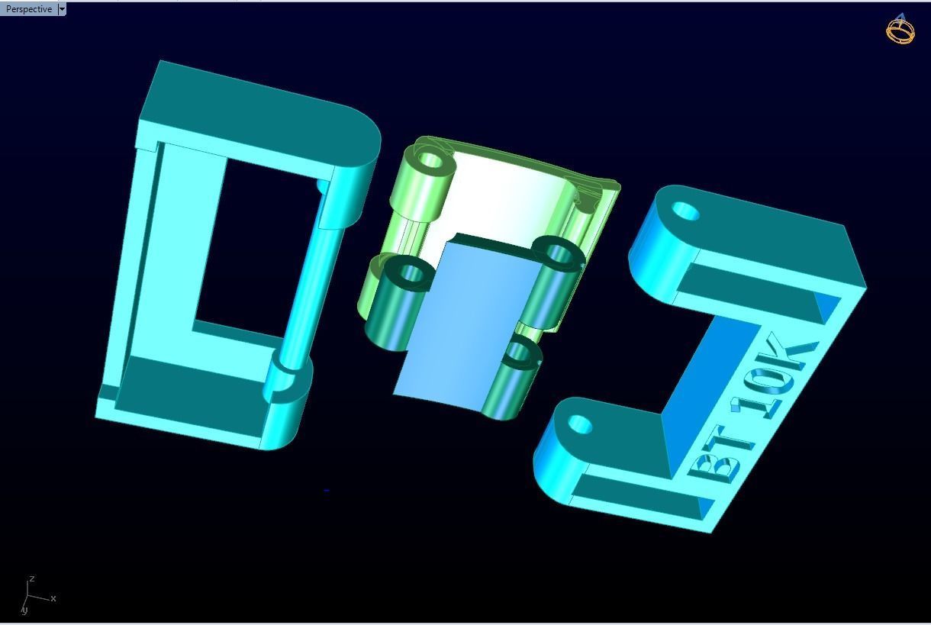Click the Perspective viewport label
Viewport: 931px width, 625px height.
(x=29, y=9)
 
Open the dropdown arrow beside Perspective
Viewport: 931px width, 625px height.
(x=62, y=9)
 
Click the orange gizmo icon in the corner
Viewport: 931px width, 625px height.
(x=900, y=29)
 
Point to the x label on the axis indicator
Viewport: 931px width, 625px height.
(x=53, y=598)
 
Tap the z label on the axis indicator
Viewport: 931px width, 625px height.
(x=31, y=579)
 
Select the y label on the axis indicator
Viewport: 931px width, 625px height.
(x=24, y=610)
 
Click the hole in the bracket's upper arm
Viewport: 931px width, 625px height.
(x=687, y=211)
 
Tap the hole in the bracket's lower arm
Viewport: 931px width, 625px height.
(x=580, y=424)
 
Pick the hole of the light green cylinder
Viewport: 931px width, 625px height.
(x=432, y=161)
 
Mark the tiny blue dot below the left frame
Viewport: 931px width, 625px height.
(x=327, y=490)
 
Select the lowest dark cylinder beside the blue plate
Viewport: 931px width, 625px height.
(x=516, y=378)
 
